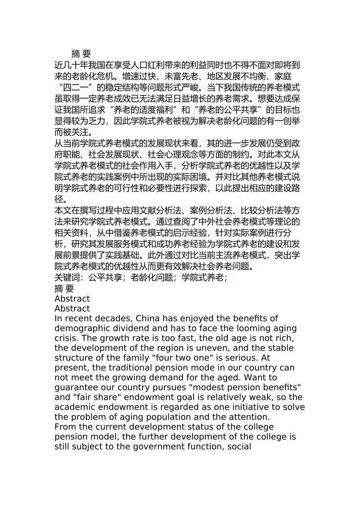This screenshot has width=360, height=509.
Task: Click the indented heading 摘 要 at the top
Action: coord(81,54)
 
